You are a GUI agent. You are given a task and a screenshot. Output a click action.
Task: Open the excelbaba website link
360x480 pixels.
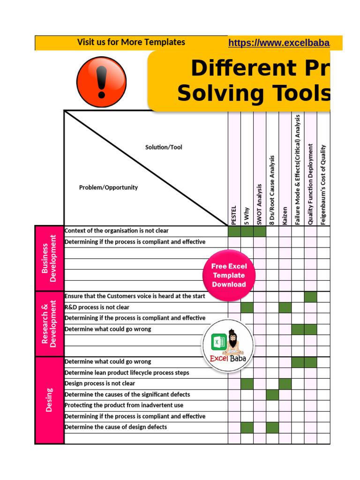click(279, 43)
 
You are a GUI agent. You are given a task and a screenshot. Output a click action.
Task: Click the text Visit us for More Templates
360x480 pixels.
click(131, 42)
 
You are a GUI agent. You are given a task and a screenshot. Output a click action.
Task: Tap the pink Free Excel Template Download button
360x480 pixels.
click(229, 276)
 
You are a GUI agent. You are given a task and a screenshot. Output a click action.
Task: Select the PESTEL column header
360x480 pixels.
click(234, 215)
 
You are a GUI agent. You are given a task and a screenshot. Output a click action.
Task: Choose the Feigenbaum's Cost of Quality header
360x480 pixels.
click(323, 184)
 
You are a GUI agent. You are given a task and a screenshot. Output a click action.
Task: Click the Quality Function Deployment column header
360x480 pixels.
click(310, 184)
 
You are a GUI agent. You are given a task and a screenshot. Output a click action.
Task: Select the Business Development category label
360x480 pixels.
click(49, 258)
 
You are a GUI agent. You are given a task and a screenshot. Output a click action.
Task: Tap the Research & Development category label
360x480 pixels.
click(49, 323)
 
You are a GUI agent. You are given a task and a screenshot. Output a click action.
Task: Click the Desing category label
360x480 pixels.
click(49, 399)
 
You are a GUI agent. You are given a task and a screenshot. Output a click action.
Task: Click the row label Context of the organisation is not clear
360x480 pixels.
click(117, 231)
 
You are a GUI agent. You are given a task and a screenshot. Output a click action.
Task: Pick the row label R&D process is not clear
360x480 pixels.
click(97, 307)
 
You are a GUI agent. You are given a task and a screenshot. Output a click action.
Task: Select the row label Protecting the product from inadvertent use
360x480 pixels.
click(124, 405)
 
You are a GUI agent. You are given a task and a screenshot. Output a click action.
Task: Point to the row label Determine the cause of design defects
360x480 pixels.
click(116, 427)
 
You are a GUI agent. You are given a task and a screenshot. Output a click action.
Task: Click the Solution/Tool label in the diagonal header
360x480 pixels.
click(164, 147)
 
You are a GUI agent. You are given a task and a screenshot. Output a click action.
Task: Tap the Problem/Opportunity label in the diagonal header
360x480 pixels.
click(108, 187)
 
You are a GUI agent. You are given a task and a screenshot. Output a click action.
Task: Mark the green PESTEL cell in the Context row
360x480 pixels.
click(234, 232)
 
